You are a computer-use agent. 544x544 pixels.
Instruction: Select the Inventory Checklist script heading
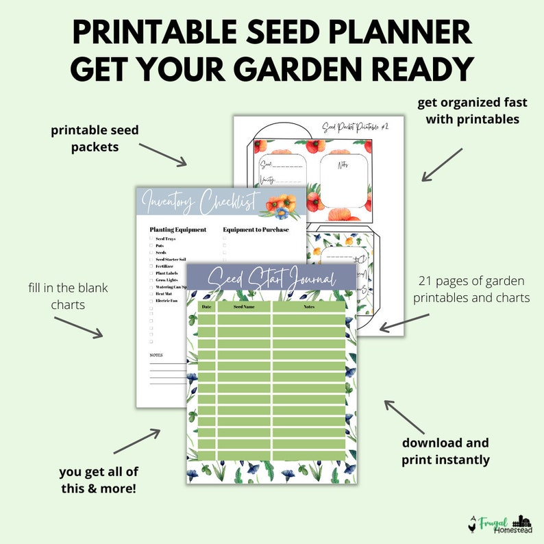[200, 203]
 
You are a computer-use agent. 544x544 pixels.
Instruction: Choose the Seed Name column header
[244, 307]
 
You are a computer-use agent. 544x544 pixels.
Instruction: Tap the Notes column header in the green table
[308, 307]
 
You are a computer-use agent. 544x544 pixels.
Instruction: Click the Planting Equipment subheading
[177, 230]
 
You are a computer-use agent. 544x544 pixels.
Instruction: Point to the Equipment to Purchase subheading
[256, 230]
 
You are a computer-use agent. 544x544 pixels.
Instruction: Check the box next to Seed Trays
[151, 238]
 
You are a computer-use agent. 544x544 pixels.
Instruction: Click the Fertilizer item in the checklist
[166, 266]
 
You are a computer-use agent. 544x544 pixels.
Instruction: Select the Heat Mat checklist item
[164, 293]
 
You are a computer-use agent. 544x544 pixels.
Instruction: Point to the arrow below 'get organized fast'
[441, 164]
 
